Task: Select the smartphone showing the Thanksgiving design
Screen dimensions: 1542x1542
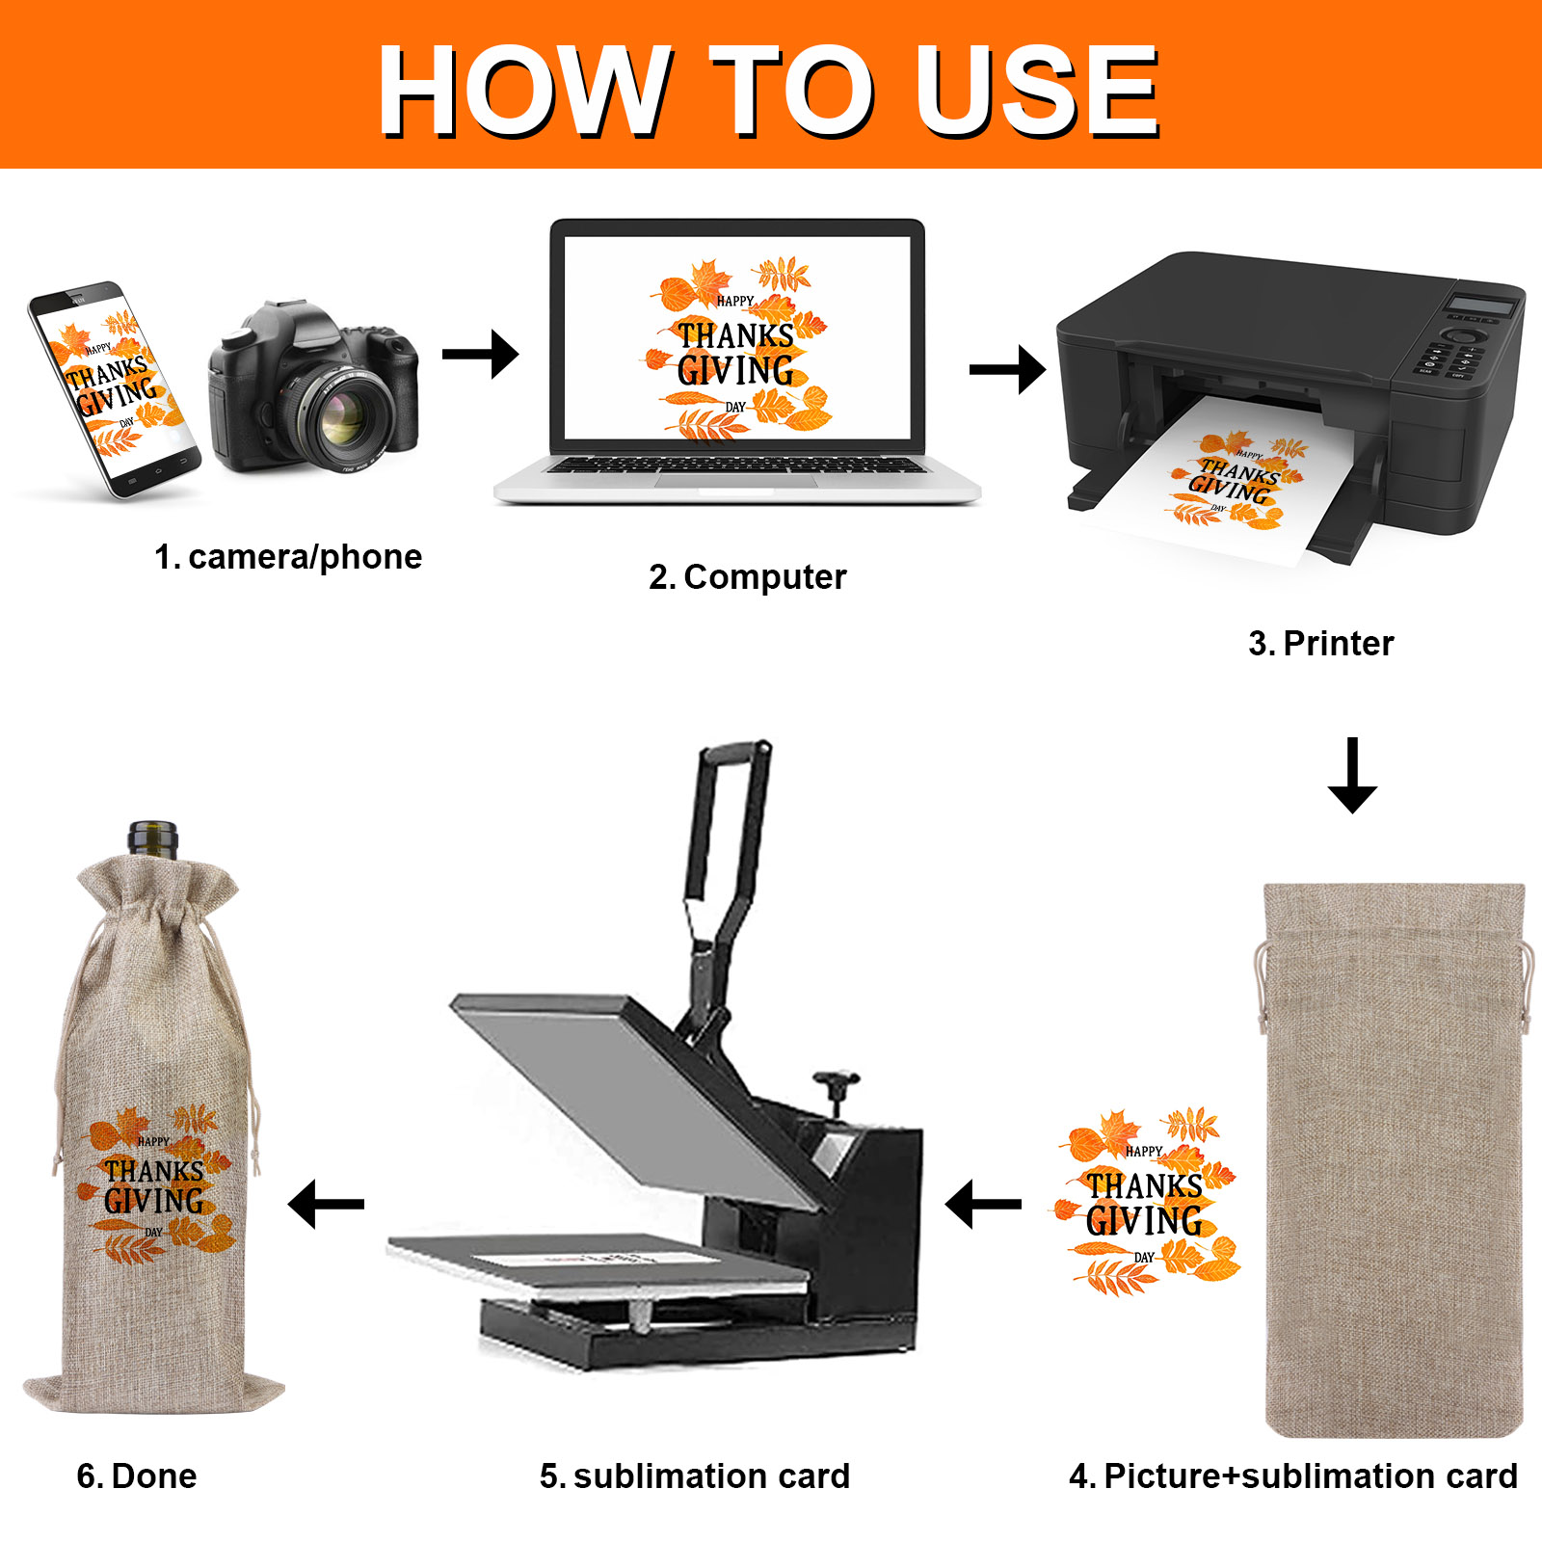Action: pos(114,388)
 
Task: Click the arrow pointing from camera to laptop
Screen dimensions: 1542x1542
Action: pos(480,354)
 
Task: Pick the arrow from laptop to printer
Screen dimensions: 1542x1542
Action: pos(1007,370)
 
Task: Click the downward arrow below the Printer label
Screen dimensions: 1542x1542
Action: pos(1352,775)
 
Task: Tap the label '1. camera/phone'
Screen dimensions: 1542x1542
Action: pos(288,557)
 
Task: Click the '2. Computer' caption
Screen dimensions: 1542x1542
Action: pos(747,577)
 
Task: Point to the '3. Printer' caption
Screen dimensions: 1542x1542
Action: pos(1320,644)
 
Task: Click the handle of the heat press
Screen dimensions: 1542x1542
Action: pos(728,819)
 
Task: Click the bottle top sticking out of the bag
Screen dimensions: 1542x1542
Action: pos(153,838)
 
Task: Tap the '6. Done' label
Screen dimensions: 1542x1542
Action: pos(137,1476)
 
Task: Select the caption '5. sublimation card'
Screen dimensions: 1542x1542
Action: pos(694,1476)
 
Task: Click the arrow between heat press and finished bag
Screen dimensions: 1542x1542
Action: pos(326,1204)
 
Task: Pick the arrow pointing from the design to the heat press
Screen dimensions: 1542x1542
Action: pos(983,1204)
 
